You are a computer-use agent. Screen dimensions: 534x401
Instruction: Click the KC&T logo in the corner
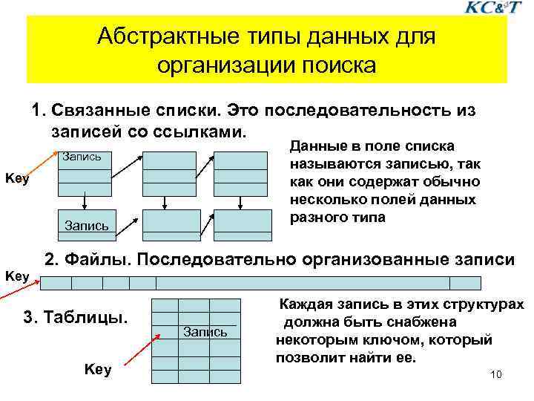pos(490,8)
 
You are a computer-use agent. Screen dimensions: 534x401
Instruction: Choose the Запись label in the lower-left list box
pos(87,224)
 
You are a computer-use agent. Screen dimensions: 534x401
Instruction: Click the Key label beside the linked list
pos(17,178)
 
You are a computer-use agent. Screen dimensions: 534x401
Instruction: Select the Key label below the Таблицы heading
pos(98,369)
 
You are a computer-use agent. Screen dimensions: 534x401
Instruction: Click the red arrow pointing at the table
pos(142,349)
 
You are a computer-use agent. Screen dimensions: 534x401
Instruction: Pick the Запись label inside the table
pos(205,332)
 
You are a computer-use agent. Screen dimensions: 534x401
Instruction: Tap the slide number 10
pos(496,374)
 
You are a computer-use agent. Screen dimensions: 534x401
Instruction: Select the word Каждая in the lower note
pos(305,306)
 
